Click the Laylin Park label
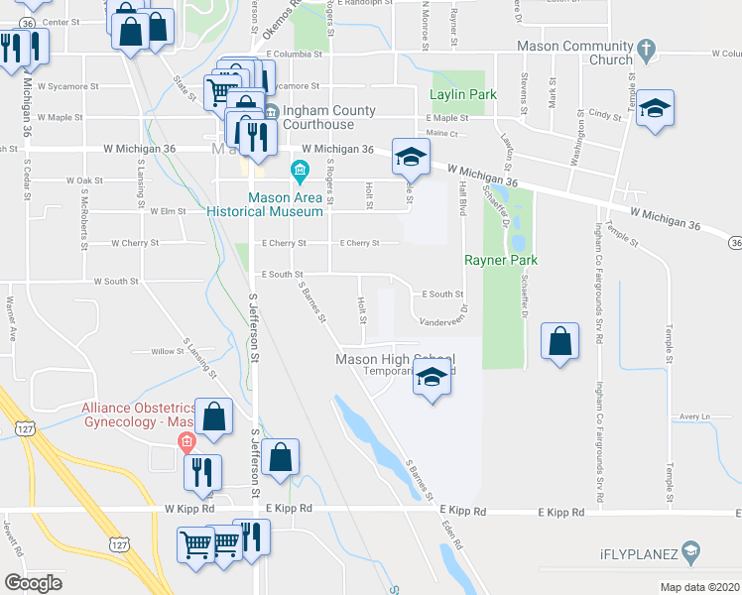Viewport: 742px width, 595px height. (461, 95)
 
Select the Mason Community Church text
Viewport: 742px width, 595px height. (583, 53)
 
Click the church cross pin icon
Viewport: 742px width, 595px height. (646, 47)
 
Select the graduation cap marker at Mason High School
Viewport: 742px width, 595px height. (431, 378)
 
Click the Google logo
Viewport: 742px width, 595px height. (34, 582)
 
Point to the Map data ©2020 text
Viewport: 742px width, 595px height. (698, 587)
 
